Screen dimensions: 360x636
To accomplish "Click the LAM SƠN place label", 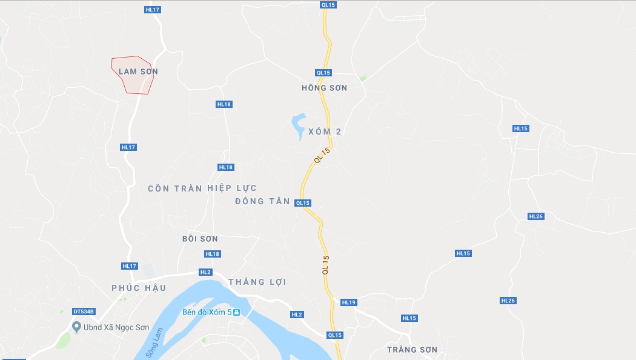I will [138, 72].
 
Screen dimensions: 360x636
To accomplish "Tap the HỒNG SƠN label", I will [324, 88].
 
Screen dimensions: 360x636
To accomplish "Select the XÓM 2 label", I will [325, 132].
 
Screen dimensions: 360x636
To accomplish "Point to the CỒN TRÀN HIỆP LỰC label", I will [202, 188].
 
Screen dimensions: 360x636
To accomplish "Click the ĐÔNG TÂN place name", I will [262, 201].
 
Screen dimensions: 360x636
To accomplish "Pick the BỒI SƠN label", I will [200, 239].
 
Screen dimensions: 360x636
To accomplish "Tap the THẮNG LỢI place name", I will [257, 282].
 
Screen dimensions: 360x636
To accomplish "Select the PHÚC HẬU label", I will [139, 288].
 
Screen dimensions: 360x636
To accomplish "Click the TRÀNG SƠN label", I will [412, 350].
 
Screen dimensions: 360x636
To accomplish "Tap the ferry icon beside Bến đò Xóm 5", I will [237, 313].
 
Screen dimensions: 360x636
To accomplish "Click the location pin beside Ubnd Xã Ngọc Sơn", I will [76, 327].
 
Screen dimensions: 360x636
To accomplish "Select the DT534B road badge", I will [84, 312].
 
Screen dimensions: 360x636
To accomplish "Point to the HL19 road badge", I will [348, 302].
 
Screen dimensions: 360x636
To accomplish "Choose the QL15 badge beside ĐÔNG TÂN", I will [303, 203].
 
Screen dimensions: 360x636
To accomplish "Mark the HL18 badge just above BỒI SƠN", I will [213, 254].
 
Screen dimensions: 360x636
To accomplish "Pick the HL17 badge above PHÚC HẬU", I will [130, 266].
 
